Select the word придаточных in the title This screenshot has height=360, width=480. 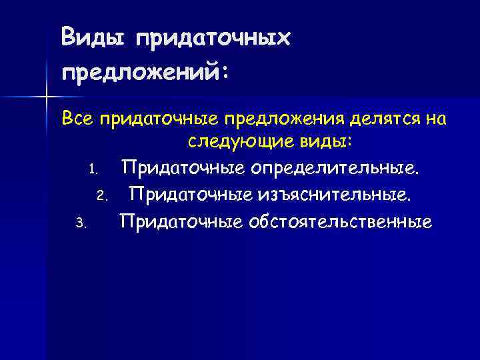213,39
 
